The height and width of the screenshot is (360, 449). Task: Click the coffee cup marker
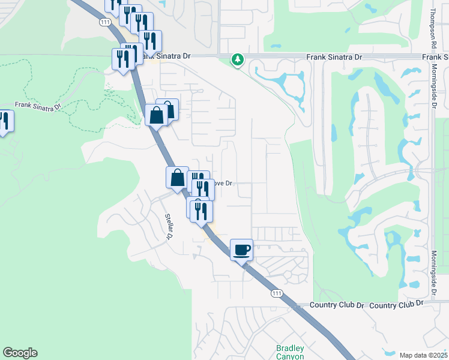click(x=242, y=250)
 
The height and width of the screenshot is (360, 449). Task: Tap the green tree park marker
click(x=238, y=59)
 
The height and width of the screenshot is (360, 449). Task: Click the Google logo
click(x=20, y=353)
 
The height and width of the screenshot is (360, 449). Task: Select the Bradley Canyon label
click(x=291, y=352)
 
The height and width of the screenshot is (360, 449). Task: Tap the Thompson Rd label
click(x=432, y=29)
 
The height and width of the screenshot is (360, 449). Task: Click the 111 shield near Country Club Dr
click(x=276, y=292)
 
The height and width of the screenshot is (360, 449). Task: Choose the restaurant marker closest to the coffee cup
click(x=201, y=211)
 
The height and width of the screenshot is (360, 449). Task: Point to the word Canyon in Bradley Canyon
click(x=291, y=356)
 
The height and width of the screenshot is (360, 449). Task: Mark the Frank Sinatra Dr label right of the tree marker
click(x=334, y=56)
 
